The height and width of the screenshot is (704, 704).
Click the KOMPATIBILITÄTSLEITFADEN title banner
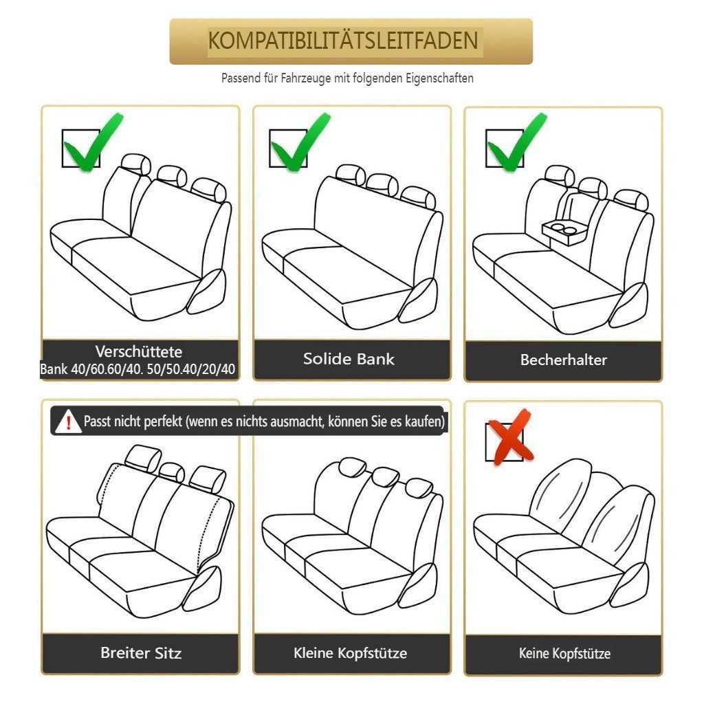351,41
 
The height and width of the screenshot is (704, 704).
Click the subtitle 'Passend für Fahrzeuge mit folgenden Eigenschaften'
347,78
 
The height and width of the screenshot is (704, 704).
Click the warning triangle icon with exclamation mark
68,421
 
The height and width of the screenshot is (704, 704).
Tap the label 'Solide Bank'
349,359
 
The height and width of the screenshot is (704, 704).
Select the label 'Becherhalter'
564,360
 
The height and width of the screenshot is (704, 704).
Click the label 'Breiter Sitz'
141,653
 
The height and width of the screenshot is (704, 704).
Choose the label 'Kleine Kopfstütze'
351,653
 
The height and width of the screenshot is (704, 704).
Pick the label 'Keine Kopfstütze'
564,654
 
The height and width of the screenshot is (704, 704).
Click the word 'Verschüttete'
139,352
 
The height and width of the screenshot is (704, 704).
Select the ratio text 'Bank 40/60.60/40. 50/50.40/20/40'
138,370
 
